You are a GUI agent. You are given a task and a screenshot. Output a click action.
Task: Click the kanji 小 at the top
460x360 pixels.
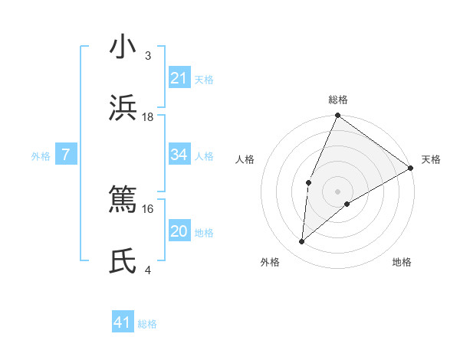coord(123,47)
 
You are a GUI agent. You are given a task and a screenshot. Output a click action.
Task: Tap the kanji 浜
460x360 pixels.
coord(123,109)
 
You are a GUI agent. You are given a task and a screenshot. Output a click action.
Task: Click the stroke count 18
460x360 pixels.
coord(148,116)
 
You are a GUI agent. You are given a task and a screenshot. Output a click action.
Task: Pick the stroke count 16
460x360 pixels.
coord(148,208)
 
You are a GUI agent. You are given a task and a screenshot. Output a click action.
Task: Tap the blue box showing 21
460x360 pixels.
coord(179,78)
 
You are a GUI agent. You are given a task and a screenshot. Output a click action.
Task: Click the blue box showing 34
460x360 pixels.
coord(179,155)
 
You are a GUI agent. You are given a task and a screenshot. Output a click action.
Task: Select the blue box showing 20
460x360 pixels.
coord(179,231)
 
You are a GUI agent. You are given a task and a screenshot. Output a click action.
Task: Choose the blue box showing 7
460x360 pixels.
coord(66,155)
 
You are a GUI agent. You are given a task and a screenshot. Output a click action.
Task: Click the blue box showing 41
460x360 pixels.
coord(123,322)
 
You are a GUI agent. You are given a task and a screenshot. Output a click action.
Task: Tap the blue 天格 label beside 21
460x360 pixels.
coord(204,79)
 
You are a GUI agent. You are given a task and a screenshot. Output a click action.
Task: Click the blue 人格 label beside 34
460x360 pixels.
coord(204,156)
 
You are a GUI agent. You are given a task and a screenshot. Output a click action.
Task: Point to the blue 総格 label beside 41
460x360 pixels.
coord(147,324)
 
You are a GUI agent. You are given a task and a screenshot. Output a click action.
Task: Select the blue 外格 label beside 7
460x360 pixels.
coord(41,156)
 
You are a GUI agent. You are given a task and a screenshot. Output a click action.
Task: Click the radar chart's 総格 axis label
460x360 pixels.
coord(338,100)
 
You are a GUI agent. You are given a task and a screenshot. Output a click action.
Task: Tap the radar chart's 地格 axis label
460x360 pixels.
coord(402,262)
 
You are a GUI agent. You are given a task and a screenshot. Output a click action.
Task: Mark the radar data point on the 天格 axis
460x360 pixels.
coord(411,168)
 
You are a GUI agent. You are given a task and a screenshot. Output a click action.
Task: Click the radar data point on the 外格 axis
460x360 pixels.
coord(302,242)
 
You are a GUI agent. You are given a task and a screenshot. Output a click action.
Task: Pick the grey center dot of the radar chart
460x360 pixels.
coord(338,191)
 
